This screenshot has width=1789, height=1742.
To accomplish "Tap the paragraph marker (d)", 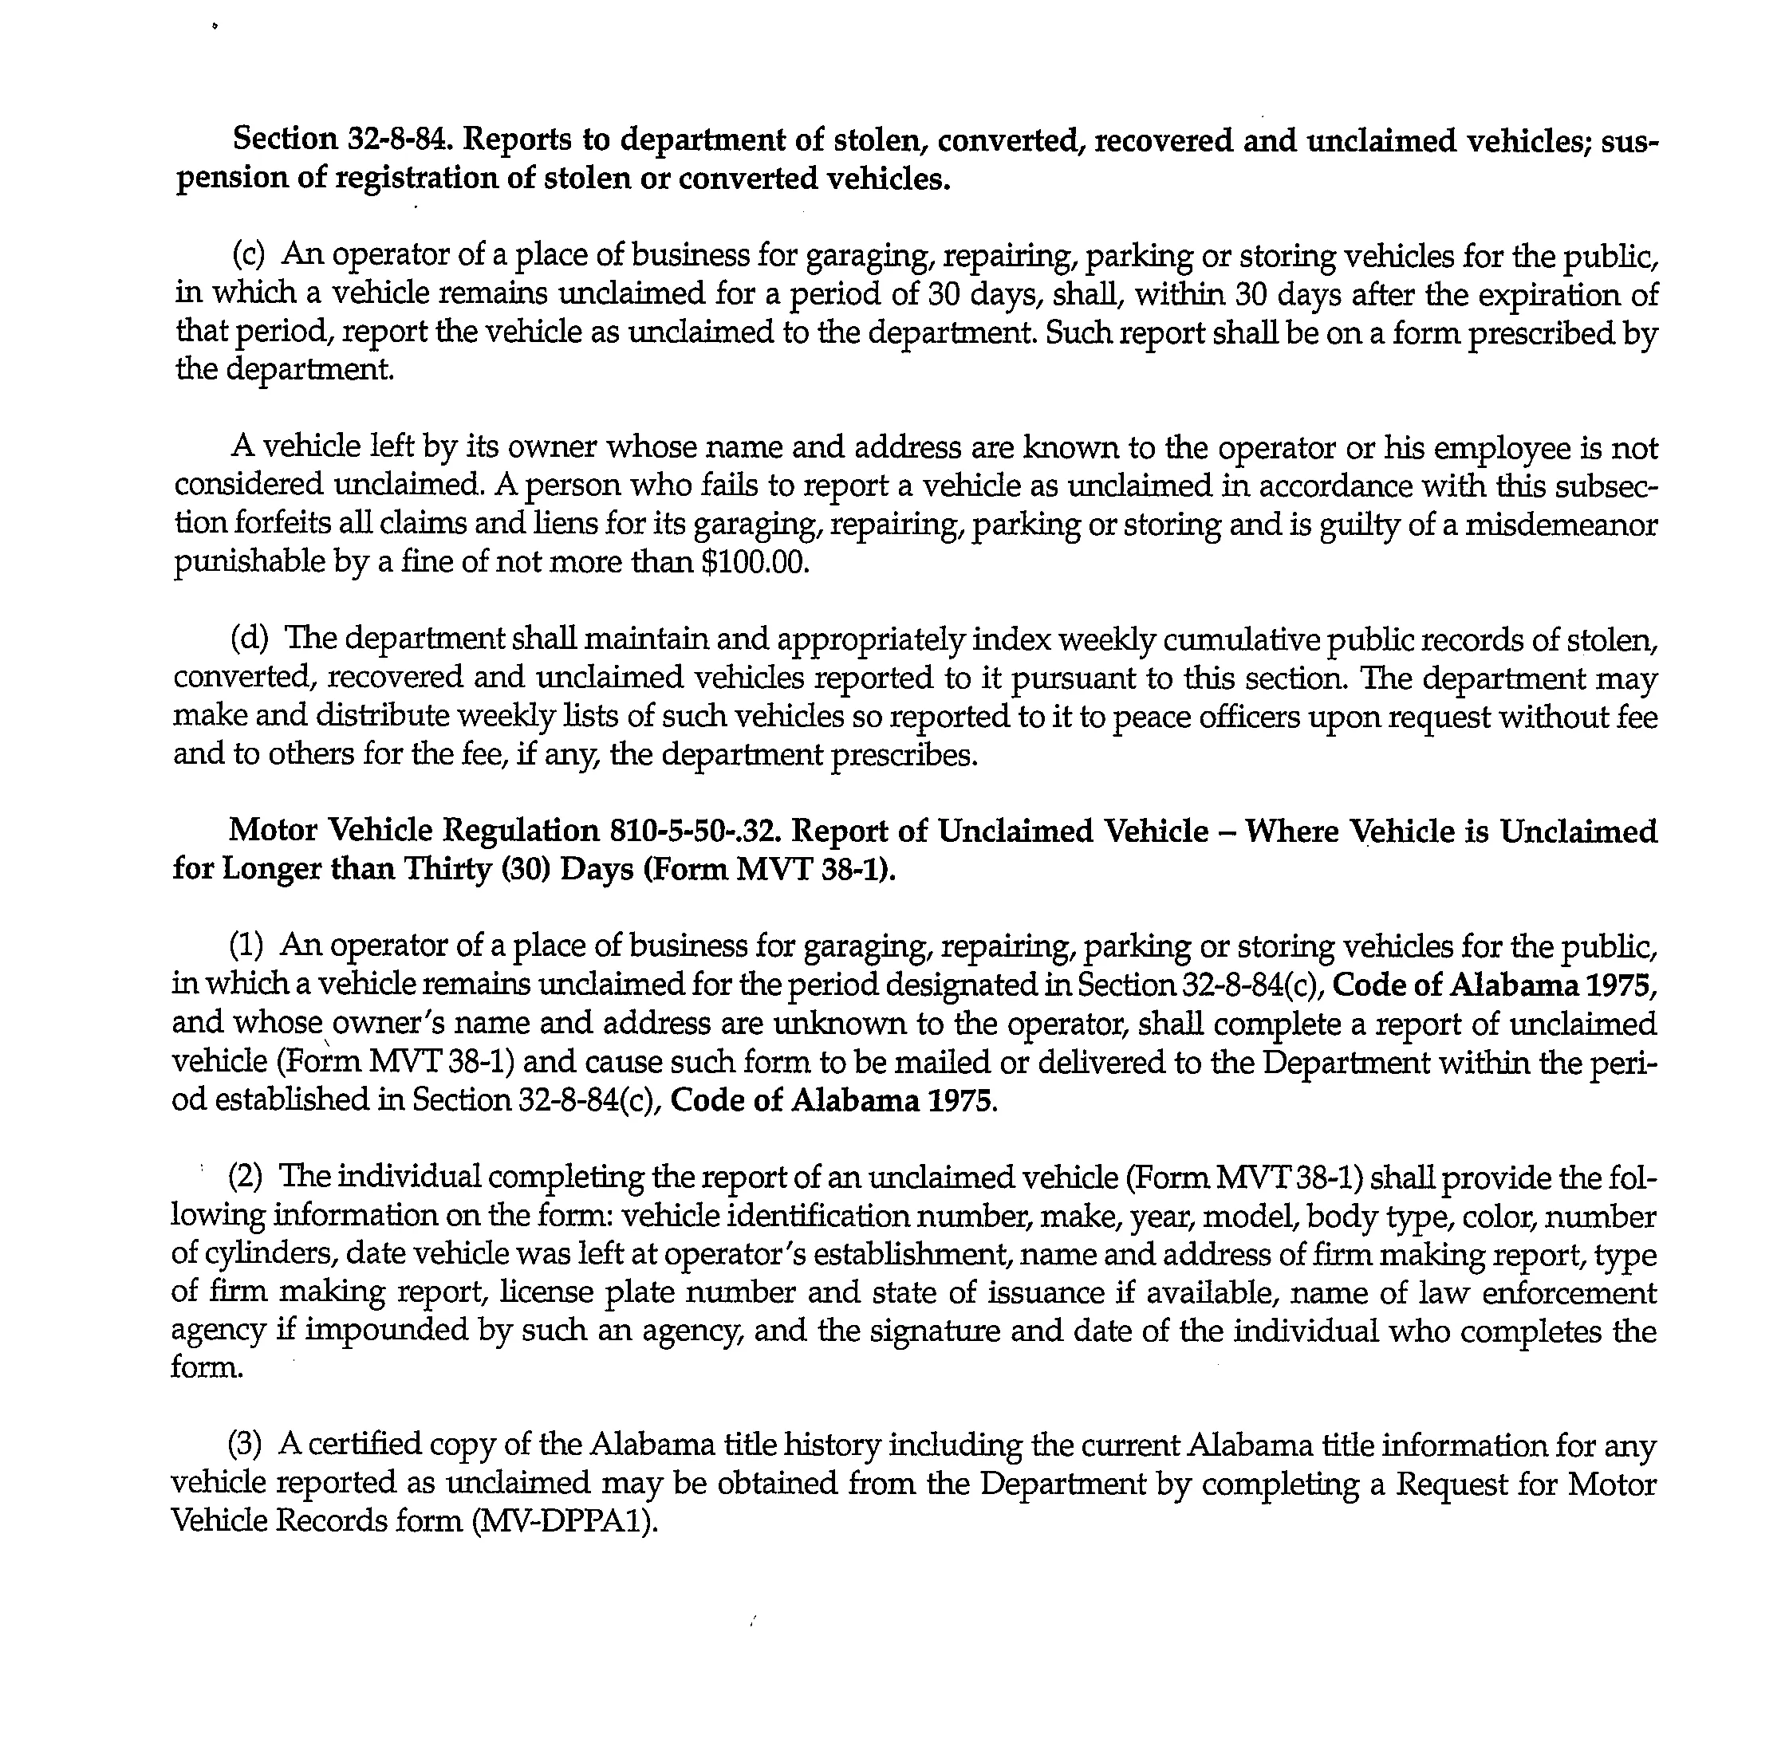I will pyautogui.click(x=249, y=639).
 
